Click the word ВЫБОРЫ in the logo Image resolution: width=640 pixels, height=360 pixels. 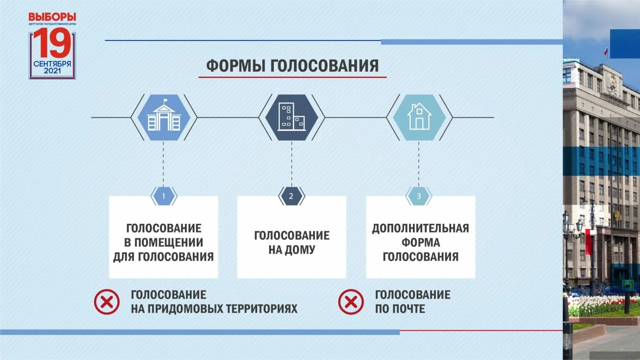[x=52, y=17]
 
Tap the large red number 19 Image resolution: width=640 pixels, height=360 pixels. [x=52, y=43]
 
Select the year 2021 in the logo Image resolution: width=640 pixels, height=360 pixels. [x=52, y=71]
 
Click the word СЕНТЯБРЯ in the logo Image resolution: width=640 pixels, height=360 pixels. [x=52, y=64]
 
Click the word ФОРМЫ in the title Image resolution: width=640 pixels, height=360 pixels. [x=235, y=66]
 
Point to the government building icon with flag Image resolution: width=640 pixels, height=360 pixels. [x=164, y=117]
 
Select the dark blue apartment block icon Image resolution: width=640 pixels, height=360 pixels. [x=292, y=117]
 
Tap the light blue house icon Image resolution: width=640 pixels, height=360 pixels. [x=419, y=117]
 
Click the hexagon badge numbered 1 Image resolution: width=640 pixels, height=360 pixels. [x=163, y=196]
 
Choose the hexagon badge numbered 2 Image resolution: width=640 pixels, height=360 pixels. [x=291, y=196]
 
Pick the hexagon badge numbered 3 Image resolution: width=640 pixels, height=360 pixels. [x=419, y=196]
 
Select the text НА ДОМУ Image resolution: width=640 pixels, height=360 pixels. [x=292, y=250]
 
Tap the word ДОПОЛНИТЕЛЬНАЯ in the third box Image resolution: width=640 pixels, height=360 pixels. [x=420, y=228]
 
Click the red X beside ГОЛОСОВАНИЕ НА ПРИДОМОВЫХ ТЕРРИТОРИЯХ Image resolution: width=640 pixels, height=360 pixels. [x=107, y=302]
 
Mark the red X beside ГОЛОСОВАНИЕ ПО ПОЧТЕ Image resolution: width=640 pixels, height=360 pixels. [x=351, y=302]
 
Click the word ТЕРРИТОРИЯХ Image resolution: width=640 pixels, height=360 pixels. [x=262, y=309]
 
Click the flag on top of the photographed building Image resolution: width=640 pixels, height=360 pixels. [x=606, y=51]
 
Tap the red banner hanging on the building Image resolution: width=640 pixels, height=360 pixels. [x=589, y=242]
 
